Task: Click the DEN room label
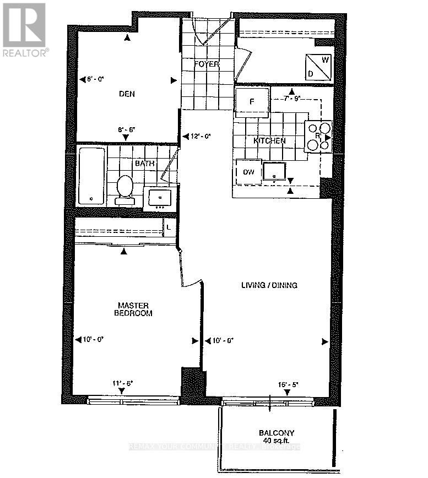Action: point(127,94)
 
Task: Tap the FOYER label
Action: point(207,64)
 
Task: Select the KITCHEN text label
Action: point(269,141)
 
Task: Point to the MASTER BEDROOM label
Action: point(134,309)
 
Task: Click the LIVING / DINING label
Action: point(269,285)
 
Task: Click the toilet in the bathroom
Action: point(125,189)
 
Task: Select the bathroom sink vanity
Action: point(160,197)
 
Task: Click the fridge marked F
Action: point(252,101)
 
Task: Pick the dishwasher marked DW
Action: point(248,172)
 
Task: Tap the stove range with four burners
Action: point(318,136)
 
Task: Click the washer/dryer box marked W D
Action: point(318,67)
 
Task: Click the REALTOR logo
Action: point(25,30)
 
